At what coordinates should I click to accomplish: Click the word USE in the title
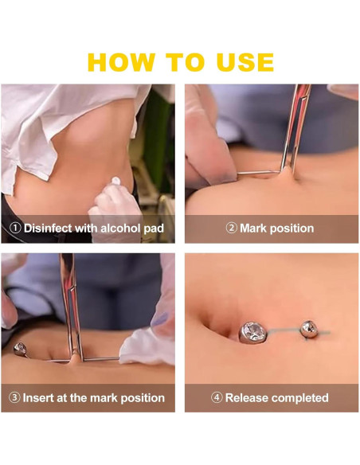[x=245, y=62]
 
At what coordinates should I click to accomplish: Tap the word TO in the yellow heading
[x=185, y=62]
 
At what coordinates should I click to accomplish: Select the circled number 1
[x=15, y=228]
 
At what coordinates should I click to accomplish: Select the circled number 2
[x=232, y=228]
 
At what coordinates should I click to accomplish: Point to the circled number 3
[x=14, y=397]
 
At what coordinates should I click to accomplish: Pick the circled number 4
[x=217, y=397]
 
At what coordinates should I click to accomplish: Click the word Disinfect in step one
[x=48, y=228]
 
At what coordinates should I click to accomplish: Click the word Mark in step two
[x=253, y=228]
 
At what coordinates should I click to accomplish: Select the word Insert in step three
[x=38, y=397]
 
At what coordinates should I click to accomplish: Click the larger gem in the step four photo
[x=252, y=333]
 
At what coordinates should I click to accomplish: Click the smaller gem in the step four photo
[x=309, y=329]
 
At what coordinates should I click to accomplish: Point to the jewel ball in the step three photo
[x=20, y=349]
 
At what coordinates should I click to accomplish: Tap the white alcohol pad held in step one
[x=116, y=181]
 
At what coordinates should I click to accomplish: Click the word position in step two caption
[x=292, y=229]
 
